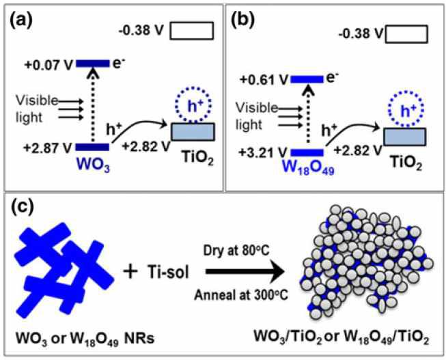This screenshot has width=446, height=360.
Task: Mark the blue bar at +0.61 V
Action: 311,79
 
